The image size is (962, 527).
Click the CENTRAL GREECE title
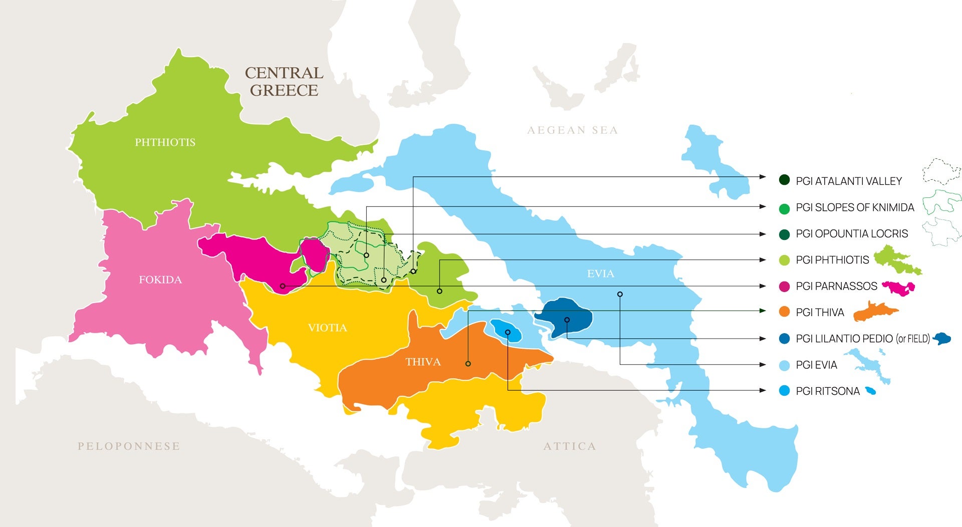(284, 81)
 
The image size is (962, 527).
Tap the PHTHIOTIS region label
(165, 142)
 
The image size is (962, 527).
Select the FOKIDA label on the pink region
(160, 280)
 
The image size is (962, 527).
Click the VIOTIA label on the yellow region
(327, 328)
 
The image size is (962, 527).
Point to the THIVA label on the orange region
(423, 362)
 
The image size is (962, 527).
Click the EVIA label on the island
(600, 274)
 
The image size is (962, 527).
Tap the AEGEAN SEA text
(572, 130)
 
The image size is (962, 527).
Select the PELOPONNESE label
(129, 446)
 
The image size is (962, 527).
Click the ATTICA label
(570, 446)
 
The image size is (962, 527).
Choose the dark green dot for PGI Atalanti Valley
(784, 180)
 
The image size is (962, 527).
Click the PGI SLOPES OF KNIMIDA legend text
(855, 207)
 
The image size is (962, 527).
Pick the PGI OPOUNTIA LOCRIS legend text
(852, 233)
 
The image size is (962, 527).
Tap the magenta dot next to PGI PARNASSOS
(784, 287)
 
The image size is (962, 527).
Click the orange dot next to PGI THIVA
(784, 312)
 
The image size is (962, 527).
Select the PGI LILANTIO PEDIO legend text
(862, 339)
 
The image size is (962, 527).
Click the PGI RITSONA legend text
(828, 391)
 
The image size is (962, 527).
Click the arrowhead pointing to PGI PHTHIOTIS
(763, 260)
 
